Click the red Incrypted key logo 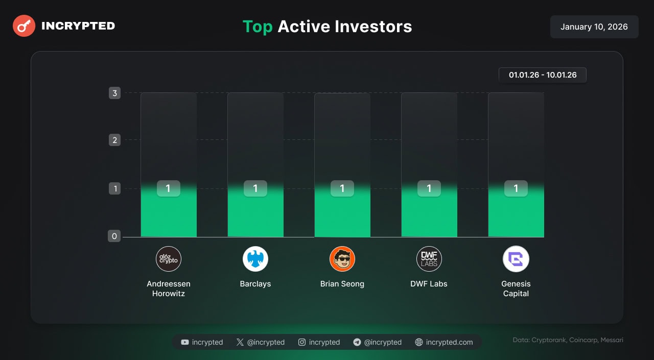pyautogui.click(x=24, y=26)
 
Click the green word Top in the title pyautogui.click(x=258, y=27)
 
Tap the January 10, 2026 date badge pyautogui.click(x=594, y=27)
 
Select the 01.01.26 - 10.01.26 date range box pyautogui.click(x=543, y=75)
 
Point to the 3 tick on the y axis pyautogui.click(x=115, y=93)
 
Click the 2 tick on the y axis pyautogui.click(x=115, y=140)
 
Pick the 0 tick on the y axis pyautogui.click(x=114, y=236)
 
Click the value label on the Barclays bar pyautogui.click(x=255, y=188)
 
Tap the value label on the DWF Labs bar pyautogui.click(x=429, y=188)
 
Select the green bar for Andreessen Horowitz pyautogui.click(x=169, y=211)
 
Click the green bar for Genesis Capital pyautogui.click(x=516, y=211)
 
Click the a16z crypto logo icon pyautogui.click(x=169, y=259)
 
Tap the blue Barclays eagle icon pyautogui.click(x=255, y=259)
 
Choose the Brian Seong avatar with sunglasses pyautogui.click(x=342, y=259)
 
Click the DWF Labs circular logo pyautogui.click(x=429, y=259)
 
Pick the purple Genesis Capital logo pyautogui.click(x=516, y=259)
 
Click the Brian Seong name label pyautogui.click(x=342, y=284)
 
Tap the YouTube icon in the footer pyautogui.click(x=185, y=342)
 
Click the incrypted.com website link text pyautogui.click(x=449, y=342)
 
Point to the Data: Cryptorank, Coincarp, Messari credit pyautogui.click(x=568, y=340)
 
